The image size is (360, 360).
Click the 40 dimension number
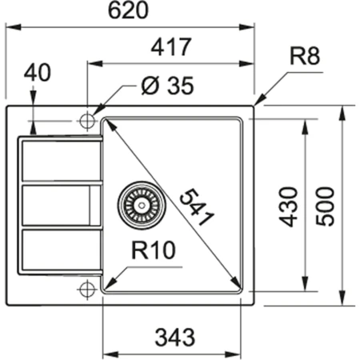(37, 73)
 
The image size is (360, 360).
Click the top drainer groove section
(61, 159)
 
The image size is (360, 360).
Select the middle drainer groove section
(61, 205)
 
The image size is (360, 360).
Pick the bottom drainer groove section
(61, 250)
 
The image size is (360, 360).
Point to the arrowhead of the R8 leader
(258, 102)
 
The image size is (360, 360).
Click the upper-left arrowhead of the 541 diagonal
(108, 122)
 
